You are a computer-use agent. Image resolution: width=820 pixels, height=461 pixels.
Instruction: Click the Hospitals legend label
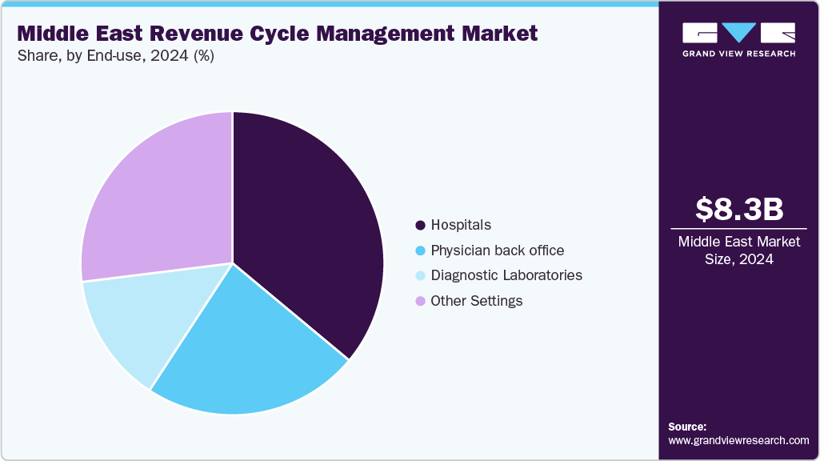click(x=461, y=225)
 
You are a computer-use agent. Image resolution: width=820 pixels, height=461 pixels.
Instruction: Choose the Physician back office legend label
click(x=497, y=251)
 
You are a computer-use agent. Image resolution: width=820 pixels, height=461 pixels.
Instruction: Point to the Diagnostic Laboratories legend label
click(x=506, y=275)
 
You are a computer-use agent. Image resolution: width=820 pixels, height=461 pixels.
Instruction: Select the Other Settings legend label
click(x=476, y=301)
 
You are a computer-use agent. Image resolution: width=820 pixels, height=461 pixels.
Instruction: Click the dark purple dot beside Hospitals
click(x=420, y=226)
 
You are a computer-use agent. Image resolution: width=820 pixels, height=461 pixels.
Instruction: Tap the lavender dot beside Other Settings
click(x=420, y=302)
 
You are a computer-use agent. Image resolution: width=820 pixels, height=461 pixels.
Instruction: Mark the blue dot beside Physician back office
click(x=420, y=251)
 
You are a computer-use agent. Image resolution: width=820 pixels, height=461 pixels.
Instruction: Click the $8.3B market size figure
click(x=739, y=209)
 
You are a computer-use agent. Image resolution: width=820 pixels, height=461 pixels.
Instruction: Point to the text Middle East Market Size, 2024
click(x=739, y=251)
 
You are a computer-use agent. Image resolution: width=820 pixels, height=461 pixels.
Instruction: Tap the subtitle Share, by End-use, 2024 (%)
click(x=115, y=56)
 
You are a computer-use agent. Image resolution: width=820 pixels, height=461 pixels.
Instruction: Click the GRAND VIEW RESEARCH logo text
click(x=739, y=54)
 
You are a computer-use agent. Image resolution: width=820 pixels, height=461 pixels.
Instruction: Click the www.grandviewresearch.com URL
click(x=738, y=440)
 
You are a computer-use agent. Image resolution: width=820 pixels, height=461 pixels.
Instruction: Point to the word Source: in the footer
click(x=687, y=427)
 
